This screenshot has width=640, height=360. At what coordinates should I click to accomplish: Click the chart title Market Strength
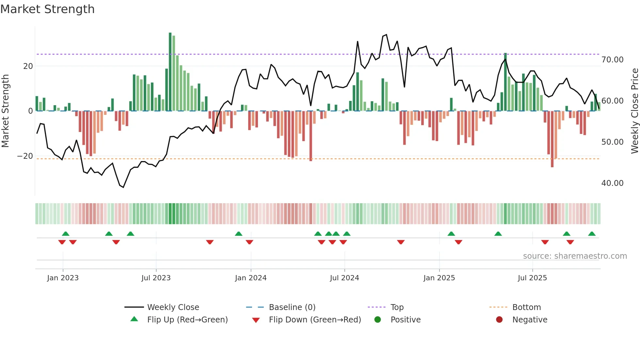[47, 9]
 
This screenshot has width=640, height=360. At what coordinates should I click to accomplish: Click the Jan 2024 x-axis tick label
[250, 278]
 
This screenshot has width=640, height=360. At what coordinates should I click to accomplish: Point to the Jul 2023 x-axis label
[156, 278]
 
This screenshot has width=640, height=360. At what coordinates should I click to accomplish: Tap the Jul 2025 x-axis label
[532, 278]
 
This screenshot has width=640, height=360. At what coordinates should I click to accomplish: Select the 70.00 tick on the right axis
[612, 60]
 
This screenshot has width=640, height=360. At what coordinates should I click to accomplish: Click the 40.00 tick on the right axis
[612, 183]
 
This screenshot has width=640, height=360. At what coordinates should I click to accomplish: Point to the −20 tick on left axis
[25, 156]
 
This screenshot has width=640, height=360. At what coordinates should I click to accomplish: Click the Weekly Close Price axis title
[634, 111]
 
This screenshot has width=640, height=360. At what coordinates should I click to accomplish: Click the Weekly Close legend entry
[173, 307]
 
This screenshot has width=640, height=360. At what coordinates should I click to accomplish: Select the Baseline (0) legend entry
[292, 307]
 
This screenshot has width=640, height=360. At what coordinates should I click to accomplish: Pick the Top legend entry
[397, 307]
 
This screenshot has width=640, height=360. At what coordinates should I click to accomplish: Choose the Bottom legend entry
[526, 307]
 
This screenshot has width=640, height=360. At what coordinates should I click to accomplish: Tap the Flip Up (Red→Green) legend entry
[187, 320]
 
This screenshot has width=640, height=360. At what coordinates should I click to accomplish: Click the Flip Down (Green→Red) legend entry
[315, 320]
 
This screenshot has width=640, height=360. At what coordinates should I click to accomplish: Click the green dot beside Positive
[377, 320]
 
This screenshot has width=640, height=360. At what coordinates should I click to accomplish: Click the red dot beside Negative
[499, 320]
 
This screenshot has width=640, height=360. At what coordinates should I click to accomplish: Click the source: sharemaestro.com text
[575, 256]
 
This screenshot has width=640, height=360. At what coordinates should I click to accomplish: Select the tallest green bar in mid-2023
[170, 72]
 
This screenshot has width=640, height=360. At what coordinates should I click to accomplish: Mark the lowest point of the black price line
[123, 187]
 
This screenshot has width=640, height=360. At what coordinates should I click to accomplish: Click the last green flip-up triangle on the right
[592, 234]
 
